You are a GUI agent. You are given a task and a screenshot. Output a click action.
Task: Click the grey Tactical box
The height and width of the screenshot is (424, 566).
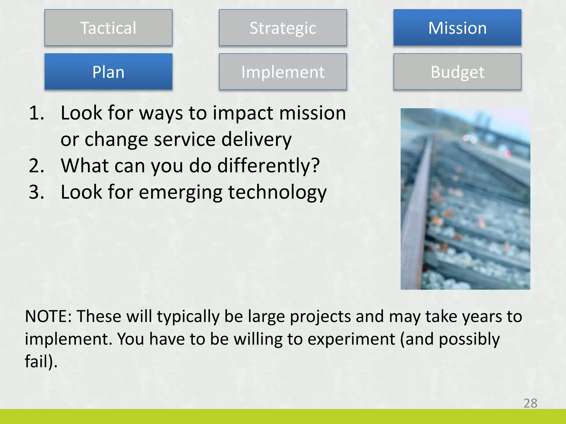[x=108, y=28]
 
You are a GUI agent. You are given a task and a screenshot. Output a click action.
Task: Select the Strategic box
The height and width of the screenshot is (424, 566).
[x=283, y=28]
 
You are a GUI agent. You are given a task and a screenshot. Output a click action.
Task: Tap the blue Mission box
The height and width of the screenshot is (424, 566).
[x=457, y=28]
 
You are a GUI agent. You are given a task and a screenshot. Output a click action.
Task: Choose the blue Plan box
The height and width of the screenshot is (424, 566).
[x=108, y=72]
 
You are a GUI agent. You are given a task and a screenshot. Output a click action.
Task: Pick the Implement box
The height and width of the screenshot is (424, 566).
[x=283, y=72]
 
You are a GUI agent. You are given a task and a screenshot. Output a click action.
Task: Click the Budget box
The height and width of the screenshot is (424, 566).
[x=457, y=72]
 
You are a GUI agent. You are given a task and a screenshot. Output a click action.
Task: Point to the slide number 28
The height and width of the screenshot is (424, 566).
[x=530, y=403]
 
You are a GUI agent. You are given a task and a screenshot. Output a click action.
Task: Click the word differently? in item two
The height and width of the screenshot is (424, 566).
[x=268, y=166]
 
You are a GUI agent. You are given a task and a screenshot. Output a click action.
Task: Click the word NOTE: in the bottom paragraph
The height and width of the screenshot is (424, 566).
[x=49, y=316]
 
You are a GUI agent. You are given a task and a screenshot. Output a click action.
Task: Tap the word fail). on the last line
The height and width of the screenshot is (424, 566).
[x=41, y=361]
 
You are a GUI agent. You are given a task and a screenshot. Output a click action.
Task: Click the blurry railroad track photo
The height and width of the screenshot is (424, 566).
[x=465, y=199]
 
